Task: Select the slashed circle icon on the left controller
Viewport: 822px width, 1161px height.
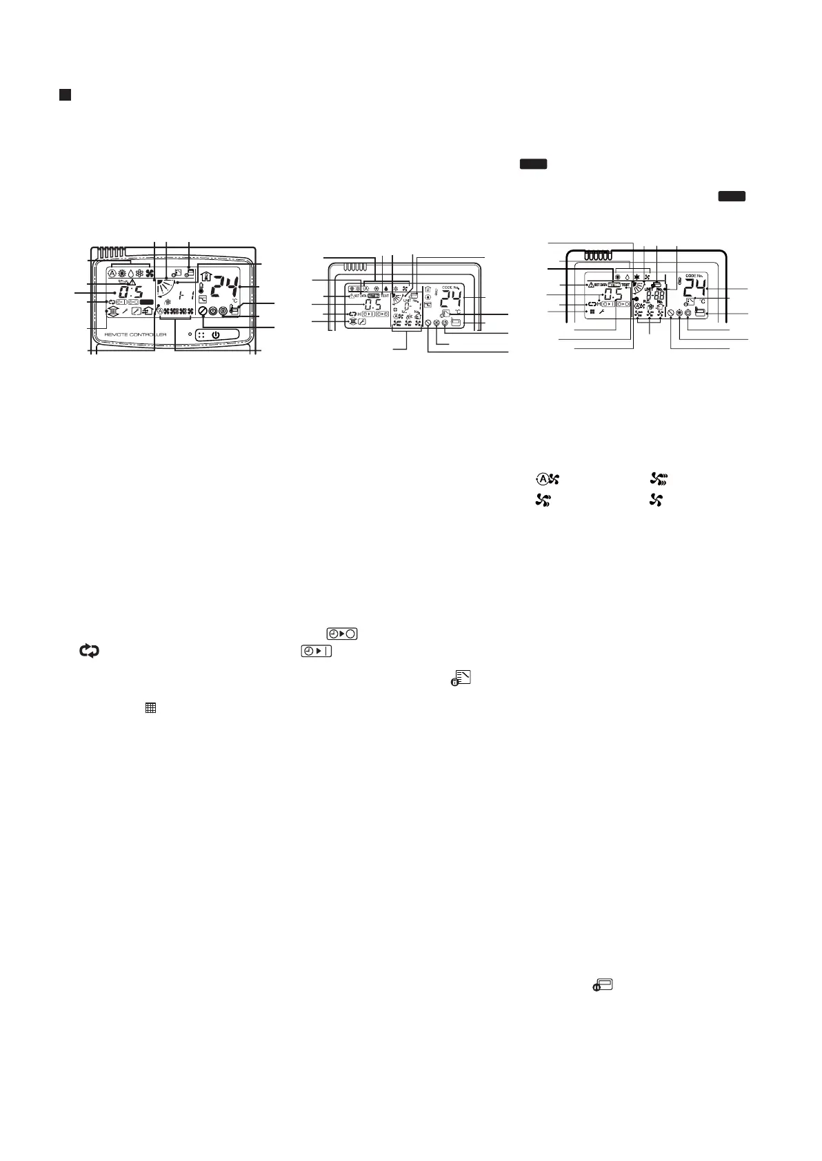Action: pyautogui.click(x=203, y=311)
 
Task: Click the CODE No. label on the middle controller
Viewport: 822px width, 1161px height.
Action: pyautogui.click(x=449, y=287)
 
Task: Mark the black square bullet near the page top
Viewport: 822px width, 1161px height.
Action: pyautogui.click(x=64, y=94)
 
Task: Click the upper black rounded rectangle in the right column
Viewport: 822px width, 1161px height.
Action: pyautogui.click(x=533, y=163)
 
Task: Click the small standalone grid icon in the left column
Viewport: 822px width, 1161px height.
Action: pyautogui.click(x=150, y=707)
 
